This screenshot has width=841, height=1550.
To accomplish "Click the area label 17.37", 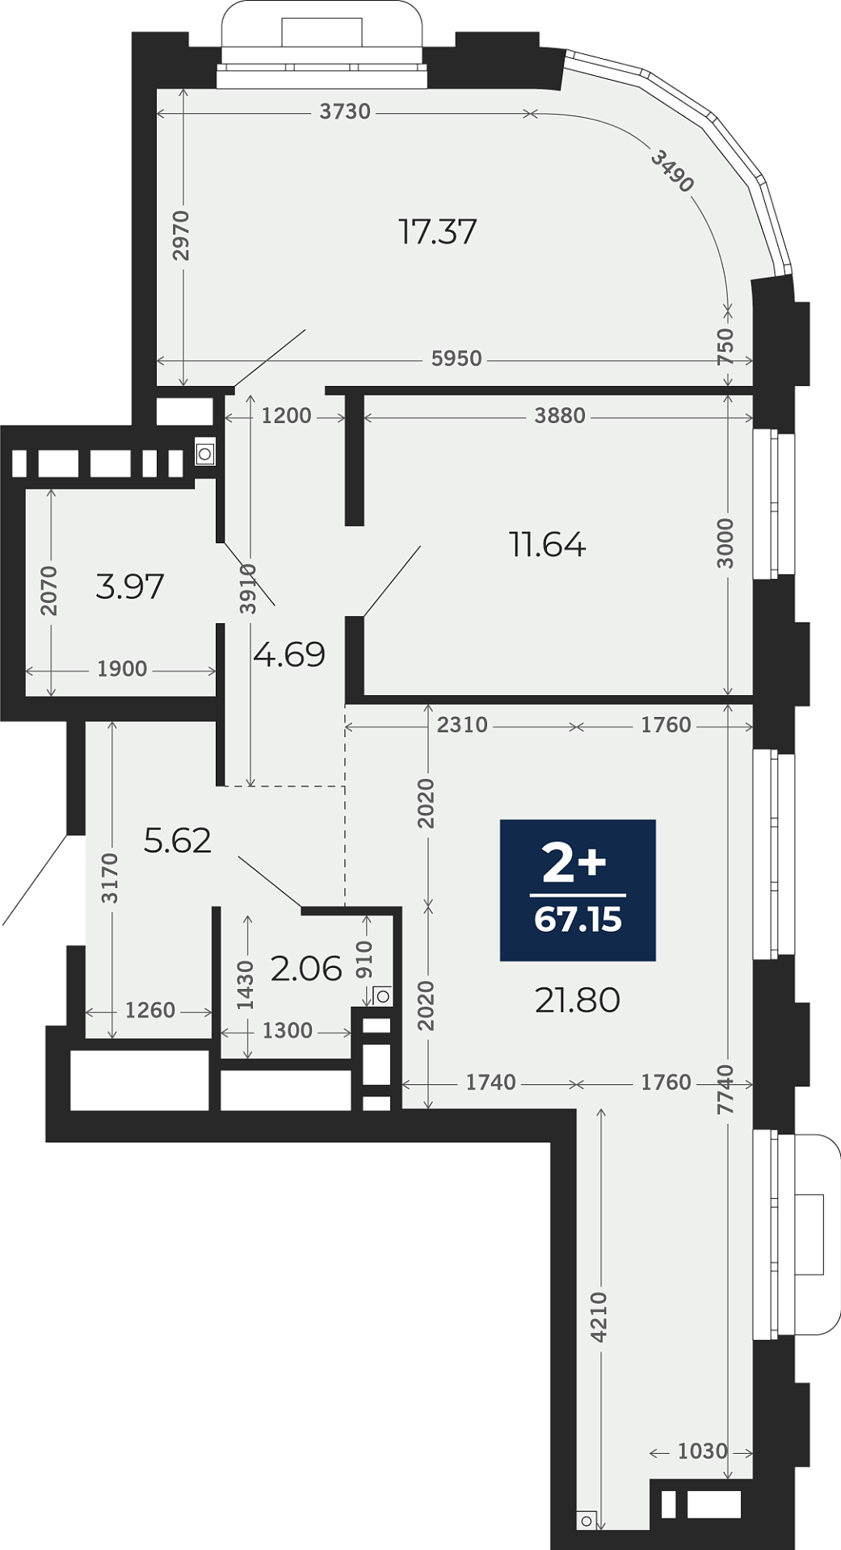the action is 438,232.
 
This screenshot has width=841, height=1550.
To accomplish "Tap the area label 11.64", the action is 547,545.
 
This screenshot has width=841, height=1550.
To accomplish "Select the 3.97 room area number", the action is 130,586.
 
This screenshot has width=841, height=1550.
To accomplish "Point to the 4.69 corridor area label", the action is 289,654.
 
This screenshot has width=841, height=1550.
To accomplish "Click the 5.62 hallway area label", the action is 178,840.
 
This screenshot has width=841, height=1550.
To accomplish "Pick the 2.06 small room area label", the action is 306,968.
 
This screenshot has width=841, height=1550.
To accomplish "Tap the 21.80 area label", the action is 578,1000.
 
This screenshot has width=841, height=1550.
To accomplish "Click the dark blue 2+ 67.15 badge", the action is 578,890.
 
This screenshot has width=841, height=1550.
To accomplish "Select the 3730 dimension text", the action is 345,111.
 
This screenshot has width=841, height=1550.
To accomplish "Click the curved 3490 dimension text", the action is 672,170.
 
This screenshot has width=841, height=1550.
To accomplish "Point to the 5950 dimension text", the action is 456,358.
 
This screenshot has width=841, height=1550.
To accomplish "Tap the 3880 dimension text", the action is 560,416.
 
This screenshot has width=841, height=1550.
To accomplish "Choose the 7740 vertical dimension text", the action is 725,1089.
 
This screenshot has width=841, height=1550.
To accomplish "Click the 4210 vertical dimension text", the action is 598,1317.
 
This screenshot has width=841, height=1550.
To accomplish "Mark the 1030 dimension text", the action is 703,1452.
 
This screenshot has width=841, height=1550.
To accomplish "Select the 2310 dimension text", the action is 462,725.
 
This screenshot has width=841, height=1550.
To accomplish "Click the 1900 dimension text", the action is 122,669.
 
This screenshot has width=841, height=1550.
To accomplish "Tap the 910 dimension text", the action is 364,960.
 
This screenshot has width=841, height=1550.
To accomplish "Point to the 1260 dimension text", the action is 150,1011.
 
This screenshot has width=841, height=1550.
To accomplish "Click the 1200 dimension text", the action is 287,416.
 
